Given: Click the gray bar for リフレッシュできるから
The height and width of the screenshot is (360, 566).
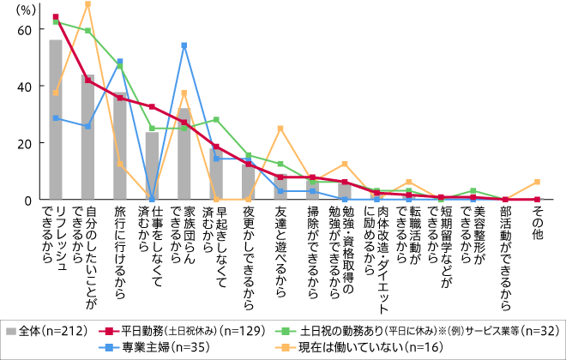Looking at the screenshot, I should [56, 120].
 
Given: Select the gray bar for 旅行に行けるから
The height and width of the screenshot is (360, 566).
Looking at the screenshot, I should [120, 146].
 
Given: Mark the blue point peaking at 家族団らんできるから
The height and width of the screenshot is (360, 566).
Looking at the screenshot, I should [184, 45].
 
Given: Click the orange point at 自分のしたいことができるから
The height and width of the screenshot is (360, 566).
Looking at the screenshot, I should [87, 4].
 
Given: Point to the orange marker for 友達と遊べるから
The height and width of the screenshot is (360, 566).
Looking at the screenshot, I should [280, 129].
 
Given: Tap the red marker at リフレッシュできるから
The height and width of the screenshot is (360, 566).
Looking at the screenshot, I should [56, 17].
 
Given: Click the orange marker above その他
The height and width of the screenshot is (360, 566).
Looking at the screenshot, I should [537, 182].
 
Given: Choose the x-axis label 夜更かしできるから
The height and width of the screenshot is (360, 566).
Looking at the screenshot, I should [248, 249].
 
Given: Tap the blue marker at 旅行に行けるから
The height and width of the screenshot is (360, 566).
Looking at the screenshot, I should [120, 62].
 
